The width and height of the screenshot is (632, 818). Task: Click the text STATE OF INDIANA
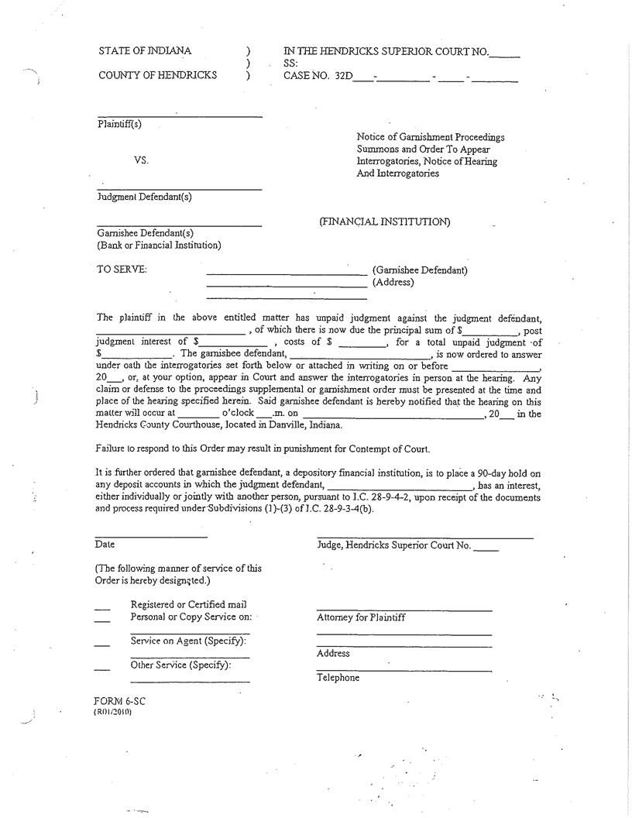pyautogui.click(x=144, y=51)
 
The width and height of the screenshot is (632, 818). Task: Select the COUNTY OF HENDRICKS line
pyautogui.click(x=158, y=76)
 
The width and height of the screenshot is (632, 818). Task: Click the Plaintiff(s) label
pyautogui.click(x=119, y=124)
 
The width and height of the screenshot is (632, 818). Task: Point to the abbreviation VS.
pyautogui.click(x=140, y=160)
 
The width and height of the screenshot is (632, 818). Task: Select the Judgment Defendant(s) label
pyautogui.click(x=144, y=197)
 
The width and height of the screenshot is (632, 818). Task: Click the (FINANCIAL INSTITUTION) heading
pyautogui.click(x=384, y=222)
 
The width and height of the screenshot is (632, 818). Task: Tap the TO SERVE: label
pyautogui.click(x=122, y=270)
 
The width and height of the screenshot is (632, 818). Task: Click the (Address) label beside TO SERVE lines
pyautogui.click(x=393, y=282)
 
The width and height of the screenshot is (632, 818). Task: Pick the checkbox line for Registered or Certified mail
pyautogui.click(x=102, y=607)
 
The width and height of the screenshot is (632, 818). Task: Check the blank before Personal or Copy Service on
pyautogui.click(x=102, y=619)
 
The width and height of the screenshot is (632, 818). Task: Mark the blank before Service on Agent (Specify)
pyautogui.click(x=102, y=644)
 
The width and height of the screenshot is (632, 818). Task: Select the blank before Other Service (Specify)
pyautogui.click(x=102, y=668)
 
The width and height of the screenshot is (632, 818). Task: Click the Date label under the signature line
pyautogui.click(x=105, y=545)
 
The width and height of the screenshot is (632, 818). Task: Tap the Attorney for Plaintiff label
pyautogui.click(x=360, y=617)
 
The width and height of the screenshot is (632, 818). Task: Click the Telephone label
pyautogui.click(x=338, y=678)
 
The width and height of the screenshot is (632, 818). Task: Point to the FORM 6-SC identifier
pyautogui.click(x=119, y=701)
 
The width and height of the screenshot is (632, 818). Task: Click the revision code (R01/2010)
pyautogui.click(x=112, y=711)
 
